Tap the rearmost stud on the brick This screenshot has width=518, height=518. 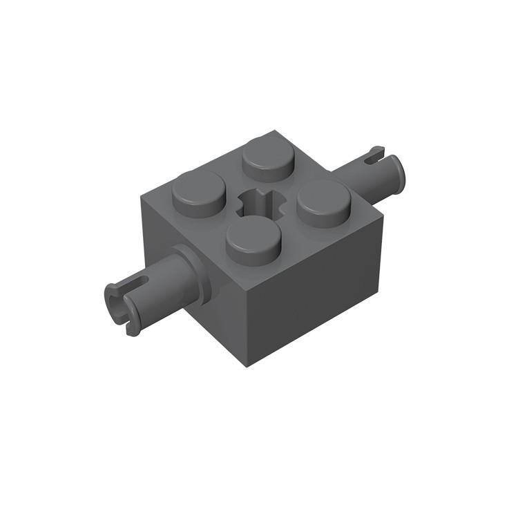(268, 155)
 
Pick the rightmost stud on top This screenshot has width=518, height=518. (323, 201)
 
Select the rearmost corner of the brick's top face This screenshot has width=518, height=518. (274, 129)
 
